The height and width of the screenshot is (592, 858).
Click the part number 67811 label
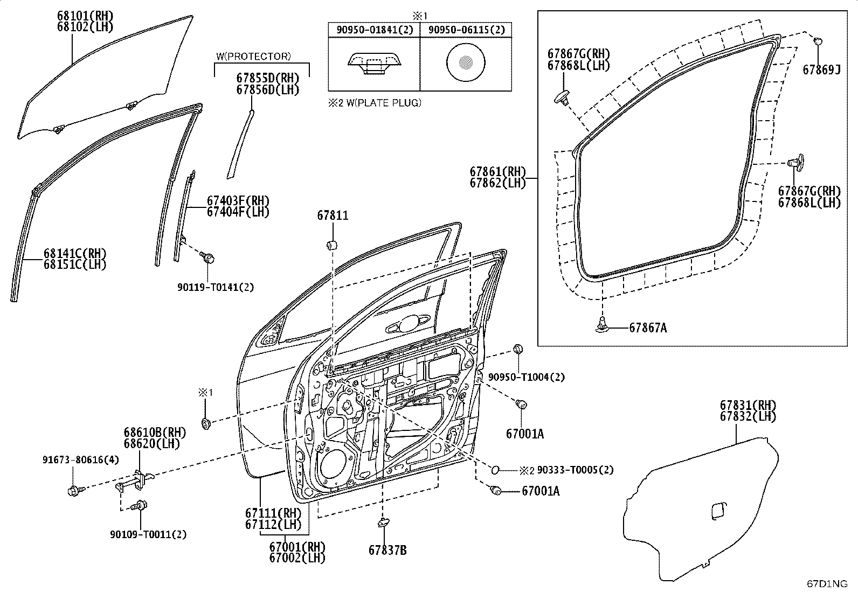coord(333,215)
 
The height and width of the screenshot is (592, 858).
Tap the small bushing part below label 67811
coord(331,245)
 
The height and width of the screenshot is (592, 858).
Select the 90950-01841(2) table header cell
coord(374,30)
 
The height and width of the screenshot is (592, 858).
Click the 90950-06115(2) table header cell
coord(466,30)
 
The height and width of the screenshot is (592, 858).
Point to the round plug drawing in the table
coord(466,62)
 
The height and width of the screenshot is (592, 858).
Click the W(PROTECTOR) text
coord(253,56)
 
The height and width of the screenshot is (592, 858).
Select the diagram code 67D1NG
coord(827,583)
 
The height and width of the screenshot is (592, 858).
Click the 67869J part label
coord(821,69)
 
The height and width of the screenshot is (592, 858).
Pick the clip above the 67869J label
coord(818,40)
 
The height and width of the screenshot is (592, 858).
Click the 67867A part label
coord(648,328)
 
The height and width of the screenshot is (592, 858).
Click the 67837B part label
coord(388,551)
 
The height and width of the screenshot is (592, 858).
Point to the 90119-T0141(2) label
coord(215,287)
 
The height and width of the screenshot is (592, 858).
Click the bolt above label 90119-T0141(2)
coord(209,257)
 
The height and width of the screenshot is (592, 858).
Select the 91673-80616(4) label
coord(81,459)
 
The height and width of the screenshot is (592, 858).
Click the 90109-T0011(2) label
coord(148,534)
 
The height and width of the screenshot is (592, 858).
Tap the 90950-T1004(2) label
coord(527,377)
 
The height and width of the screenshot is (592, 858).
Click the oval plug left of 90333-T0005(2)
coord(495,470)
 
